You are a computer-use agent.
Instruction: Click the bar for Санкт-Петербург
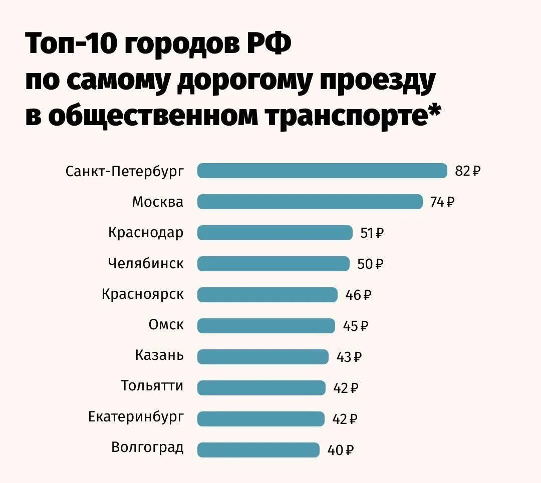click(322, 171)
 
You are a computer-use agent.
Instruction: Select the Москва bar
click(310, 202)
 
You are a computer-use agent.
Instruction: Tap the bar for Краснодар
click(275, 233)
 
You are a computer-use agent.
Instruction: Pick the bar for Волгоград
click(258, 449)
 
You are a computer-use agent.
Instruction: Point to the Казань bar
click(263, 357)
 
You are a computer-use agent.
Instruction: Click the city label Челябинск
click(146, 263)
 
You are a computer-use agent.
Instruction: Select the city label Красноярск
click(143, 294)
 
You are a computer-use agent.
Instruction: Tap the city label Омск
click(166, 325)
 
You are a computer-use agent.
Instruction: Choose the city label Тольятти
click(152, 386)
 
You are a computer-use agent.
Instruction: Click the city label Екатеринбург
click(136, 417)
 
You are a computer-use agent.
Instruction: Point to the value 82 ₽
click(467, 171)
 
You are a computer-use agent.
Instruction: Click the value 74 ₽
click(442, 202)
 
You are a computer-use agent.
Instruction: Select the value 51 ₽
click(372, 233)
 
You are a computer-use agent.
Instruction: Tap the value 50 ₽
click(370, 264)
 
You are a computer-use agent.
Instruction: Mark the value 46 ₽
click(358, 295)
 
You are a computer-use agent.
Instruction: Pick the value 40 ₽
click(341, 450)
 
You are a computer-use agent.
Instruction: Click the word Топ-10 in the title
click(71, 46)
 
